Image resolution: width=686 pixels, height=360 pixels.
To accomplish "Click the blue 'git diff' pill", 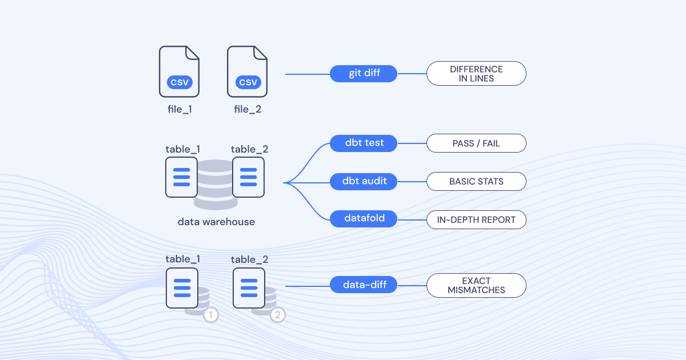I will (x=364, y=74).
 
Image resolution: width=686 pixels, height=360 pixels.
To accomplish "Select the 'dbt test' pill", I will (x=364, y=143).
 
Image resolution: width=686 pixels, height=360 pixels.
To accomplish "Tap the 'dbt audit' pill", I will (x=364, y=182).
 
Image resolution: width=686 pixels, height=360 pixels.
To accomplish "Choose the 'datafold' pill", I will (x=364, y=219).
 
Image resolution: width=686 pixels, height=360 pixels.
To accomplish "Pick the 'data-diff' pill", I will (x=364, y=285).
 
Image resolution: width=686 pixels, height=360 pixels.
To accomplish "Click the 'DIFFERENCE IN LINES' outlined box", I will (x=476, y=74).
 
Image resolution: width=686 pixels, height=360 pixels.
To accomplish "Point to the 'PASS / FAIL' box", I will (x=476, y=143).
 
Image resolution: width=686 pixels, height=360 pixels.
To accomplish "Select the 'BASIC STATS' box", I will (x=476, y=182).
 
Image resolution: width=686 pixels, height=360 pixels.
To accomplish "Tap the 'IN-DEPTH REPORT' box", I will (x=476, y=219).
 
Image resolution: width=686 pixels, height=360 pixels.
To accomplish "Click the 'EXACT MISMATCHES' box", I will (x=476, y=285).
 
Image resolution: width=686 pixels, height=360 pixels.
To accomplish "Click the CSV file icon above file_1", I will (x=180, y=71).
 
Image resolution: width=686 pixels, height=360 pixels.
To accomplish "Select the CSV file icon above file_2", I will (x=248, y=71).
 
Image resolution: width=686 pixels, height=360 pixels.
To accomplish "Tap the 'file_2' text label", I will (x=248, y=109).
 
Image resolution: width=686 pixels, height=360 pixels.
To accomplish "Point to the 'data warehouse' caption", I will (x=216, y=222).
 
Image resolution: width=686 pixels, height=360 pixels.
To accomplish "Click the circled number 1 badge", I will (x=211, y=314).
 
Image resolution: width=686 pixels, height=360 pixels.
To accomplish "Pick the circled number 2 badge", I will (x=278, y=314).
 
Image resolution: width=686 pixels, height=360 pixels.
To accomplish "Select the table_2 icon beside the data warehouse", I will (x=248, y=177).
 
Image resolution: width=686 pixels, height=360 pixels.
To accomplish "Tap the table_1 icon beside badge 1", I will (x=182, y=287).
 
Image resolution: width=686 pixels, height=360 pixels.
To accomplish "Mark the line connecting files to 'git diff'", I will (x=308, y=74).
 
